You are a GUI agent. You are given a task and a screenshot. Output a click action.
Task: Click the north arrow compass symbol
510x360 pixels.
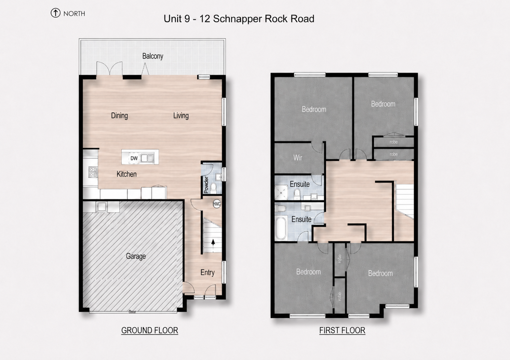(x=55, y=13)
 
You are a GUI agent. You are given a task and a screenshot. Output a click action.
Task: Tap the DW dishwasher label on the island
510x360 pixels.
(x=134, y=158)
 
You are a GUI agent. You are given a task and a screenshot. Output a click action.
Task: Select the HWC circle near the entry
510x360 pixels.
(x=216, y=204)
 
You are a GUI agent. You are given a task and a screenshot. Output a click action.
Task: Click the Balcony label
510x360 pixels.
(x=152, y=56)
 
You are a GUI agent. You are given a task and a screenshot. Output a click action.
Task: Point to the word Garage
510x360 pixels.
(x=136, y=256)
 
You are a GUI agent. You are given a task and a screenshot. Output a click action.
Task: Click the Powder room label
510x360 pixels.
(x=206, y=185)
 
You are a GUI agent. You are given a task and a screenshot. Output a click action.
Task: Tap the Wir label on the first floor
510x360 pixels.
(x=298, y=157)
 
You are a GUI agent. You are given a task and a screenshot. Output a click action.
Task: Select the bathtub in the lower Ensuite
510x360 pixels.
(x=281, y=229)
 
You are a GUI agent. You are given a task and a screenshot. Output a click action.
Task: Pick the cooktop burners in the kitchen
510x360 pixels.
(x=93, y=172)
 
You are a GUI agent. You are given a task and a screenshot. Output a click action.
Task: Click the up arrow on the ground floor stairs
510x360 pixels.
(x=213, y=243)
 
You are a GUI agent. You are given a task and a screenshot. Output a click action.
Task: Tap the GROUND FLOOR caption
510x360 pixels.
(x=150, y=330)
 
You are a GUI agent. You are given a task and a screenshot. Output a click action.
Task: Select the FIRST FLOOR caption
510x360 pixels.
(x=342, y=330)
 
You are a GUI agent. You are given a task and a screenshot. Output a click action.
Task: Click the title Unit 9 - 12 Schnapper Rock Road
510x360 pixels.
(x=239, y=19)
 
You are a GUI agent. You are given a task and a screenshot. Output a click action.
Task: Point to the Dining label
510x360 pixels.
(x=119, y=115)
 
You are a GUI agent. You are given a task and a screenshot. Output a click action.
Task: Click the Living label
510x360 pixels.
(x=181, y=115)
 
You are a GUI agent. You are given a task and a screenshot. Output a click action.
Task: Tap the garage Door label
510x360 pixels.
(x=132, y=312)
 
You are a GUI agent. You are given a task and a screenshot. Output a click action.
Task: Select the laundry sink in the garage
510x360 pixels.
(x=101, y=207)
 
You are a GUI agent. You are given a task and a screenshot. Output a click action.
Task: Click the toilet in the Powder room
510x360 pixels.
(x=214, y=188)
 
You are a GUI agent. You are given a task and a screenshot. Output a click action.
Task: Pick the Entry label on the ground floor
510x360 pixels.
(x=207, y=272)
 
